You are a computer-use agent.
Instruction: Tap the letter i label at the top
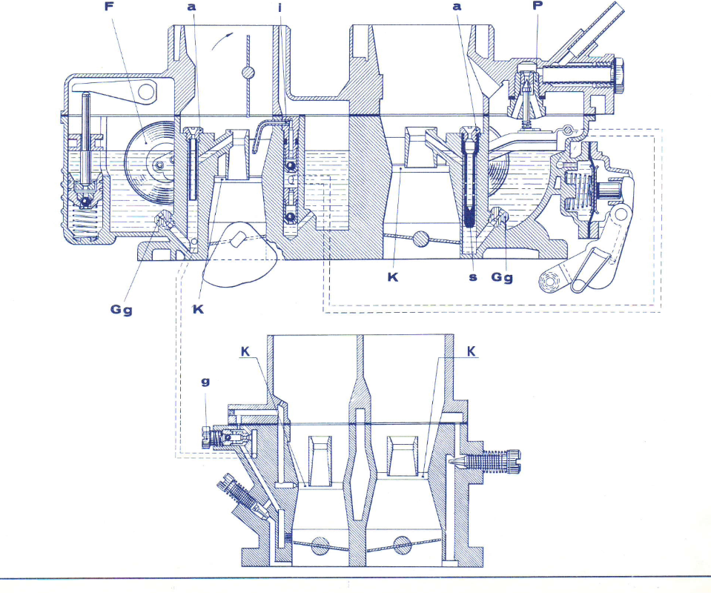281,7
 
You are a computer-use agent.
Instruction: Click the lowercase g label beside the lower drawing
205,383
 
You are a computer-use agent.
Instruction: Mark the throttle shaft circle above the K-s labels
422,239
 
